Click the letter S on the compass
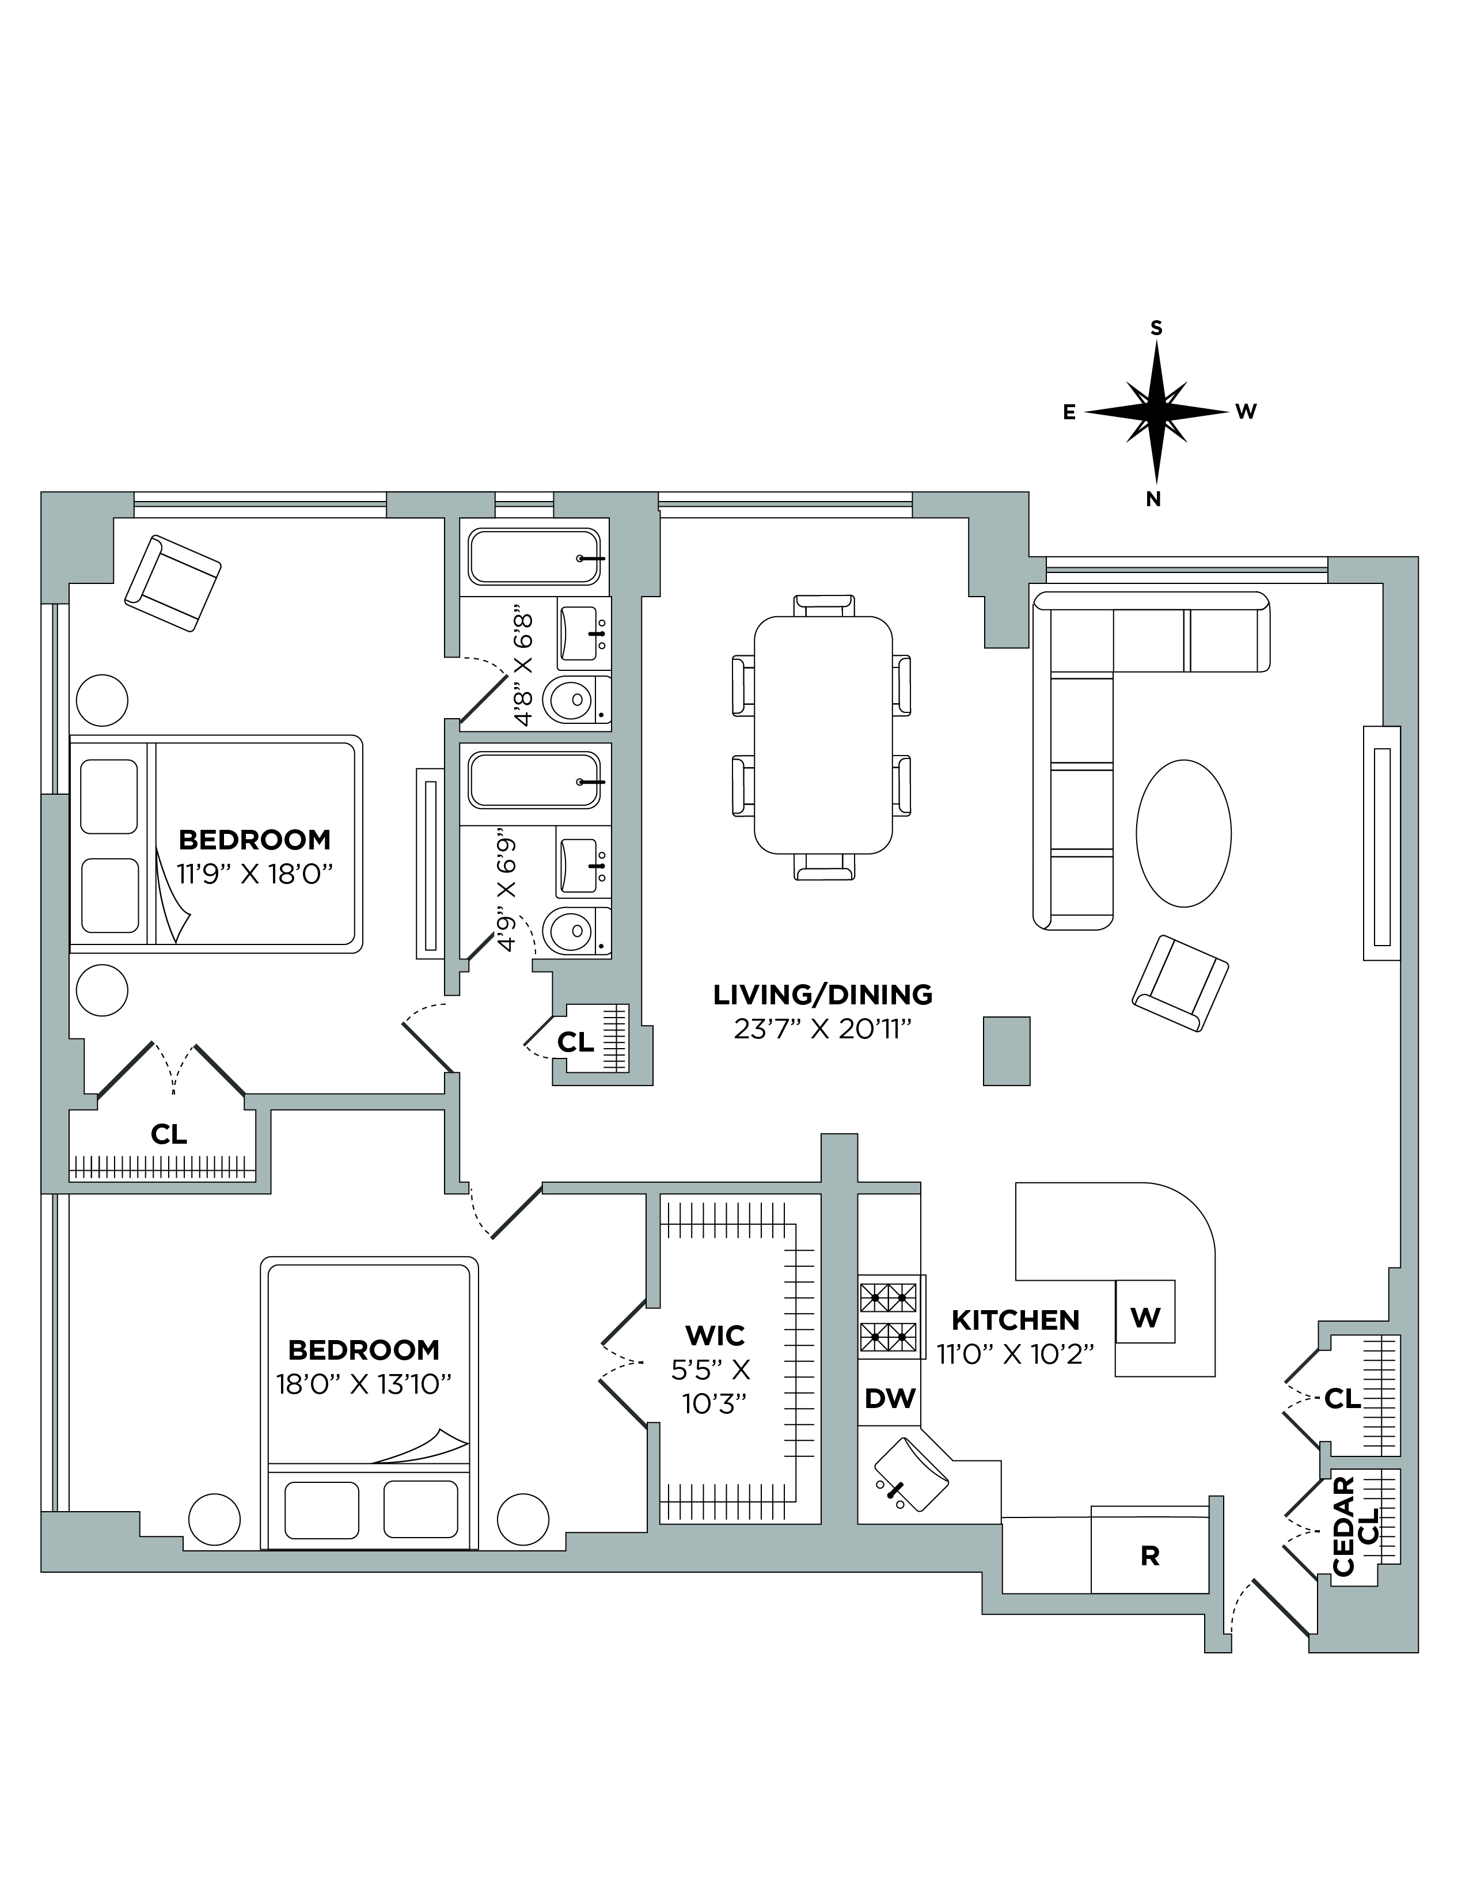[x=1156, y=328]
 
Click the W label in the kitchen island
[x=1145, y=1318]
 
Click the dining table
[x=823, y=734]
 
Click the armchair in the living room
[x=1180, y=984]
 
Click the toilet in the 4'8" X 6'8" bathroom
[x=572, y=699]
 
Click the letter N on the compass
[x=1154, y=500]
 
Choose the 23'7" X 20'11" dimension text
[x=822, y=1030]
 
